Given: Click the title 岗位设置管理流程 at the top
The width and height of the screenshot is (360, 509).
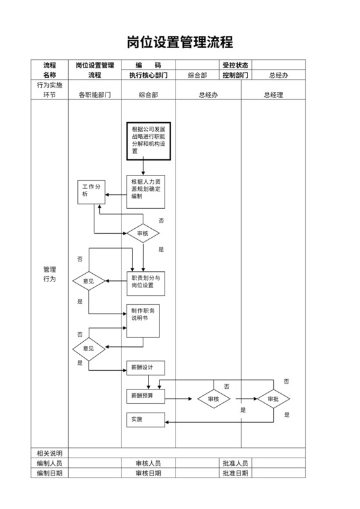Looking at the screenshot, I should (179, 42).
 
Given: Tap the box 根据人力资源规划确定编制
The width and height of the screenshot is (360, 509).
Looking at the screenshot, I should (145, 191).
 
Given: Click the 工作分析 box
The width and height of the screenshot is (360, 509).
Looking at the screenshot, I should (91, 191).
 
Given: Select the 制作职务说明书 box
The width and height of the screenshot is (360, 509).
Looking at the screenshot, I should (143, 321).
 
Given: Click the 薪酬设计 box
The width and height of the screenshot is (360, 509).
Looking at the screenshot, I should (145, 368).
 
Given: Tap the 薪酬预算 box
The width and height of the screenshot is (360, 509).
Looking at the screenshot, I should (145, 396).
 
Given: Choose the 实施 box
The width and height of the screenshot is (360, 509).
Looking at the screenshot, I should (145, 419).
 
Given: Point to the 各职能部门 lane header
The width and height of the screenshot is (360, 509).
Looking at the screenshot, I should (94, 94).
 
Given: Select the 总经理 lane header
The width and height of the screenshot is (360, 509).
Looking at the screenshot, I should (273, 94).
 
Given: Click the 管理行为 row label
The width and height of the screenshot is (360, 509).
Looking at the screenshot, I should (50, 274).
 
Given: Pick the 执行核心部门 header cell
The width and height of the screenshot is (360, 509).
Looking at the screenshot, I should (148, 75).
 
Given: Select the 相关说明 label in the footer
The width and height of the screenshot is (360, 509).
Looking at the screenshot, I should (50, 453).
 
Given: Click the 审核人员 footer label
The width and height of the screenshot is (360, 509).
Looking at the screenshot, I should (148, 463).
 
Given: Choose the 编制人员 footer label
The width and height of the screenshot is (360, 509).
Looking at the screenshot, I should (50, 463).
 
